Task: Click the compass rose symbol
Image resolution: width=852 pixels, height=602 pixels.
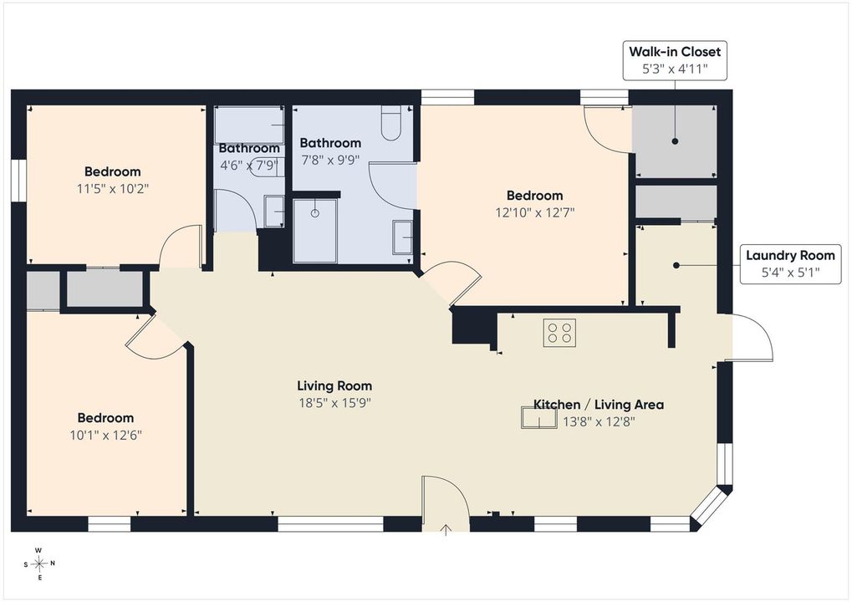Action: (x=38, y=564)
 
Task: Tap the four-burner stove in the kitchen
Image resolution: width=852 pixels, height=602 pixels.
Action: (x=559, y=333)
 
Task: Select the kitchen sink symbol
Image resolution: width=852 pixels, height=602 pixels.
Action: (x=539, y=417)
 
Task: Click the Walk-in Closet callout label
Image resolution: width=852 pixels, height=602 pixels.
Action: (x=675, y=60)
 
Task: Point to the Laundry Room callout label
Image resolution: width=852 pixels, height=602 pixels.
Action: (x=790, y=263)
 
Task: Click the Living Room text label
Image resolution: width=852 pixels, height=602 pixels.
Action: (x=334, y=385)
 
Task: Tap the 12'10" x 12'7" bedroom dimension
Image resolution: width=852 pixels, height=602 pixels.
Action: (x=534, y=212)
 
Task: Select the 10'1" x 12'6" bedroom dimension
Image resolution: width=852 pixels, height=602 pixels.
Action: (x=106, y=436)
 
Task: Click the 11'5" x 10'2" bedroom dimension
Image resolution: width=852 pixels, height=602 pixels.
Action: (x=113, y=189)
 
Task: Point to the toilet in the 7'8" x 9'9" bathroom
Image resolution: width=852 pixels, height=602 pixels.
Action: (x=390, y=124)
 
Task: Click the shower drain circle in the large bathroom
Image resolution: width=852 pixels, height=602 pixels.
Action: (x=314, y=213)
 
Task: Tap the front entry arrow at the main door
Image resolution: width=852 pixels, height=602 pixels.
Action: (x=446, y=530)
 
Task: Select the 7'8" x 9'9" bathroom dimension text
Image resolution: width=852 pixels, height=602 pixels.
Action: (x=330, y=161)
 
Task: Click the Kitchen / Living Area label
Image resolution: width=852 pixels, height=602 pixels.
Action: (x=599, y=404)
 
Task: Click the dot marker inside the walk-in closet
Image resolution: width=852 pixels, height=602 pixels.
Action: (x=676, y=141)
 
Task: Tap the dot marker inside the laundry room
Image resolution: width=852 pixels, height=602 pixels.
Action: (x=676, y=265)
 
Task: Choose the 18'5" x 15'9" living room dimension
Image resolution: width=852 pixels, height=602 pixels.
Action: (x=334, y=403)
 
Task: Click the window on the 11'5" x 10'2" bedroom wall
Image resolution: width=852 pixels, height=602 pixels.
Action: (x=19, y=181)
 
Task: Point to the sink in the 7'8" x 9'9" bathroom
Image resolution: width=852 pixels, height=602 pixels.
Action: (x=403, y=237)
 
